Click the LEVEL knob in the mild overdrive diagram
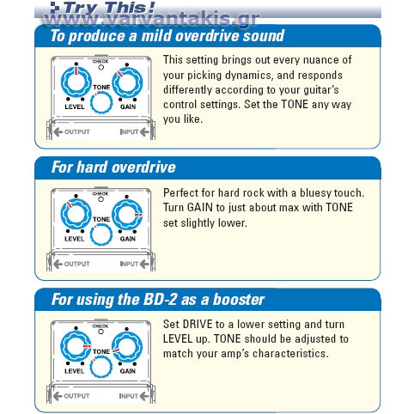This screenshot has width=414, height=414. (x=76, y=82)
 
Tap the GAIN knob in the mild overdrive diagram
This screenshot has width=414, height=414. (x=127, y=82)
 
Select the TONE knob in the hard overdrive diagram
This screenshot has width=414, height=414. (x=101, y=234)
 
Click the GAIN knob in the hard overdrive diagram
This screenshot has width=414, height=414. (x=127, y=215)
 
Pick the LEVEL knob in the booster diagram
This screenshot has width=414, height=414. (x=76, y=346)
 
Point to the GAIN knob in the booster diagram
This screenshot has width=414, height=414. (x=127, y=346)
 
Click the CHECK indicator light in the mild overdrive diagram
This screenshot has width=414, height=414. (x=101, y=67)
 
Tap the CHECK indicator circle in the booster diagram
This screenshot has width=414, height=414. (x=100, y=332)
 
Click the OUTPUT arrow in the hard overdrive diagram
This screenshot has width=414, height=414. (x=58, y=264)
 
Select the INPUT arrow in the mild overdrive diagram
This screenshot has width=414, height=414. (x=144, y=132)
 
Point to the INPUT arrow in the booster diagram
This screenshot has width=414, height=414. (x=144, y=396)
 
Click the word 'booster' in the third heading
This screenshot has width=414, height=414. (x=239, y=300)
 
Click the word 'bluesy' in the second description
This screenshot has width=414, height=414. (x=315, y=193)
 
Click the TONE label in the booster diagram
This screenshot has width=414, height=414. (x=101, y=351)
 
